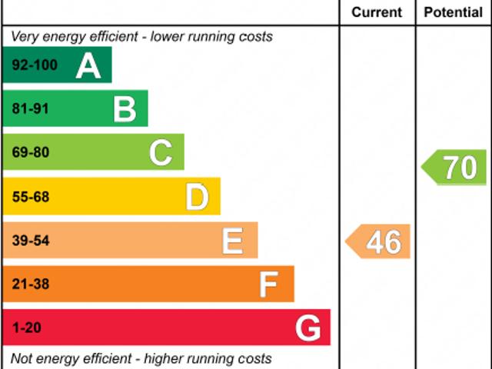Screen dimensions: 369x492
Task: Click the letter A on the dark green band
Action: [88, 66]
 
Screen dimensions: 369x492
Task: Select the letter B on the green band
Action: [125, 109]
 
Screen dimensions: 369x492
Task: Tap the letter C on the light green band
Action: [161, 153]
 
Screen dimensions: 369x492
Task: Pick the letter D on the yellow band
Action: [197, 198]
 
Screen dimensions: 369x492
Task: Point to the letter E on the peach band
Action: [232, 241]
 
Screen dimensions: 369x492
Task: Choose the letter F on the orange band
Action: [268, 285]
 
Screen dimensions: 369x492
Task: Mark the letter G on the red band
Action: [307, 329]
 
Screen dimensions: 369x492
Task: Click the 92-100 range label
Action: [35, 65]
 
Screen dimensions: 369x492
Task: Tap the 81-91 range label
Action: [31, 109]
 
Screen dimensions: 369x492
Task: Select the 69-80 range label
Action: [31, 153]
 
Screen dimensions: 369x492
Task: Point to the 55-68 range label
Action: [31, 198]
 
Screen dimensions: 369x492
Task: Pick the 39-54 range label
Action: [31, 241]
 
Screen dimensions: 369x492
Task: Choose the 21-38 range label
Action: [31, 285]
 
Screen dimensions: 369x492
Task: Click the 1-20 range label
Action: [27, 329]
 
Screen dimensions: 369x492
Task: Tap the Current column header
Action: [377, 12]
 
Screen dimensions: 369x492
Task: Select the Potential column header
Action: [454, 12]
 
